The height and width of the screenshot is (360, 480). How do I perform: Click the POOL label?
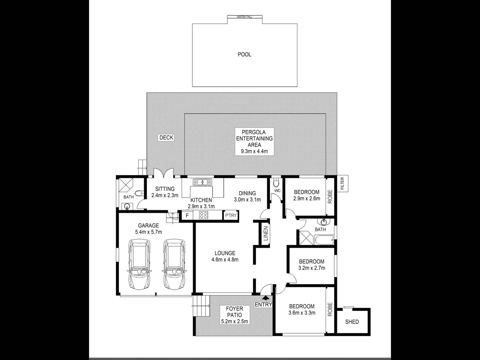(244, 54)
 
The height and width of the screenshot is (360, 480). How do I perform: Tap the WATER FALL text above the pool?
(244, 17)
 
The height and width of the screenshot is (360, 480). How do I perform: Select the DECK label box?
(166, 137)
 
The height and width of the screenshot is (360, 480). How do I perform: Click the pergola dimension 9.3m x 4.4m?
(254, 151)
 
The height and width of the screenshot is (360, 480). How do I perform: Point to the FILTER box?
(343, 183)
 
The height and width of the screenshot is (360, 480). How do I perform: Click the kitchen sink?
(202, 182)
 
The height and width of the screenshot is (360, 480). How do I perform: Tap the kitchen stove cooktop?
(203, 215)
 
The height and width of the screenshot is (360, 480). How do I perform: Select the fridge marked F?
(187, 215)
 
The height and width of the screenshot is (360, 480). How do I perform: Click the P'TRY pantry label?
(231, 215)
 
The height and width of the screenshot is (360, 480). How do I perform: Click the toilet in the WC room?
(276, 183)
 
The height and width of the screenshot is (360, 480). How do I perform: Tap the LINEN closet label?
(266, 234)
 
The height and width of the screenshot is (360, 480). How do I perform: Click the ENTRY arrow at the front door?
(266, 298)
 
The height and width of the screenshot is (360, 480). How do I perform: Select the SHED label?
(352, 322)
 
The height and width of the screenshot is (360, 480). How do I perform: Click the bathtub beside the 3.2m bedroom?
(324, 239)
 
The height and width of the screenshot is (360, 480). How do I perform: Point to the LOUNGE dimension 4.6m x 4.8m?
(225, 260)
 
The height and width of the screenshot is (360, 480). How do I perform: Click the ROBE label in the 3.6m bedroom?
(330, 309)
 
